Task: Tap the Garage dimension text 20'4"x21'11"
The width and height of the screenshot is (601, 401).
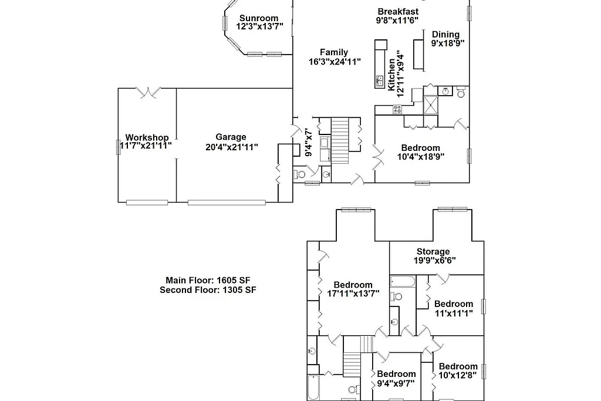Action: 231,147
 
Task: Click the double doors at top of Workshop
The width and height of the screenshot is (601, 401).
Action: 147,92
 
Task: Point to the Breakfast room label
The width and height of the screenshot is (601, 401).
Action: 397,12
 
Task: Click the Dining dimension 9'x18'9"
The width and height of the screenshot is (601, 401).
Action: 448,43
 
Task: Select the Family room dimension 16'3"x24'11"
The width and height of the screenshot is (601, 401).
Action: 334,61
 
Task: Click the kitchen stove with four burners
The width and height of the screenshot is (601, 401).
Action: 397,109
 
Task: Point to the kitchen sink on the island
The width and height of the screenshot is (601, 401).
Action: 380,80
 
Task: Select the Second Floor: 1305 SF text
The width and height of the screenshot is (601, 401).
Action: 207,289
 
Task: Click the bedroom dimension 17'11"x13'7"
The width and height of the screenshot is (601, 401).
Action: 353,294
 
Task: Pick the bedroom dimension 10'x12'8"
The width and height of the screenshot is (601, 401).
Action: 458,375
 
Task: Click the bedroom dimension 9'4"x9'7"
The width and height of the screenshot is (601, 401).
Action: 396,383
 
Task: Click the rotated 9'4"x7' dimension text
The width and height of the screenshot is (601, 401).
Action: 309,142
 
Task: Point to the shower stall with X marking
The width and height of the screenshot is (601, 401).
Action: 431,105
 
